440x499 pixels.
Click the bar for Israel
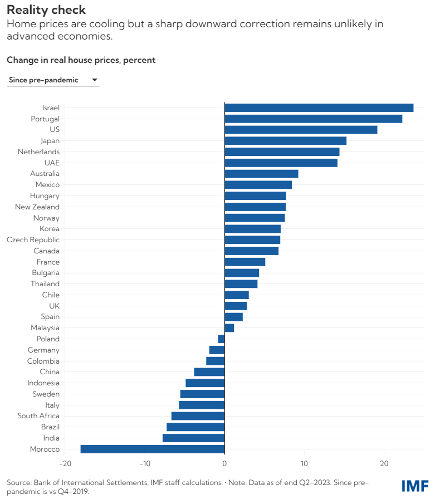[319, 107]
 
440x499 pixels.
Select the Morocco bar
[153, 449]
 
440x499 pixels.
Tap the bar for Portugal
[313, 119]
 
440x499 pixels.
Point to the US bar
[301, 130]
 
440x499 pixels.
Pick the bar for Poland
[221, 339]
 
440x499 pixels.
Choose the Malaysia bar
[229, 328]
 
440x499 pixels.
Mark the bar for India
[193, 438]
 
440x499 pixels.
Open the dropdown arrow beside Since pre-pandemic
[94, 80]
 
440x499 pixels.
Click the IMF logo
[415, 486]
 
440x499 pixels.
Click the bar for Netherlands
[282, 151]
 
